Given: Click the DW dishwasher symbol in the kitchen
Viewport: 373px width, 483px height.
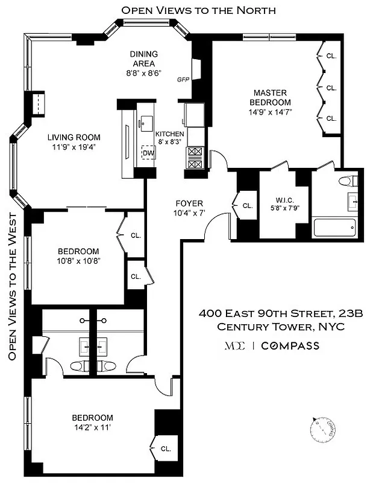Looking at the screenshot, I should (148, 153).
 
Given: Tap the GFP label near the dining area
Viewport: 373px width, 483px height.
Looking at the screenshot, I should (183, 80).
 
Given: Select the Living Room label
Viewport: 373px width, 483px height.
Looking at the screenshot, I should (74, 137).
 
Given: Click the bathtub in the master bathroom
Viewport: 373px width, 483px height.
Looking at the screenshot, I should (336, 228).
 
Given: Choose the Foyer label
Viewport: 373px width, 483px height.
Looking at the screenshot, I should (189, 203).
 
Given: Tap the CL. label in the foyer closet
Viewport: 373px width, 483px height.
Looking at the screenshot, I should (248, 205).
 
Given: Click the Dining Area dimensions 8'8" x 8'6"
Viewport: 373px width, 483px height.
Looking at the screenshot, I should (143, 72).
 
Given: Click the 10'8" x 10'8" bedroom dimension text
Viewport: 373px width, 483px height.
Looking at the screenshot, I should (78, 261).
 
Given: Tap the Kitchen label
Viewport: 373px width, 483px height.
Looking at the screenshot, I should (170, 134).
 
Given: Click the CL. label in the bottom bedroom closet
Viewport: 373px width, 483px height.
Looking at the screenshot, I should (166, 449).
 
